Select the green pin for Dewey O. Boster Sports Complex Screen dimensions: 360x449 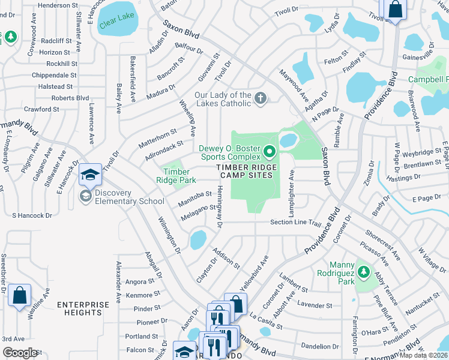tap(269, 151)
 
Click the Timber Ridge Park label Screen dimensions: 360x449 tap(176, 175)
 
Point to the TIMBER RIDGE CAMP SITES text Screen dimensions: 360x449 tap(244, 171)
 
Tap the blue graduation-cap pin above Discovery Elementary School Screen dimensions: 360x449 tap(90, 175)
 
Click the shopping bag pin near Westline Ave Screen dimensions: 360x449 tap(20, 296)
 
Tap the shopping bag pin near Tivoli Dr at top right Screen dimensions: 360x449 tap(395, 10)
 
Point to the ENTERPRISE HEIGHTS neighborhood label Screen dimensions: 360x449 tap(83, 308)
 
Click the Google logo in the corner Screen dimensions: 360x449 tap(20, 353)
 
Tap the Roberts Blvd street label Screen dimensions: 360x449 tap(70, 98)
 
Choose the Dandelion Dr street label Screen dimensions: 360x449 tap(320, 346)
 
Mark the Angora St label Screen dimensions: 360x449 tap(140, 281)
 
